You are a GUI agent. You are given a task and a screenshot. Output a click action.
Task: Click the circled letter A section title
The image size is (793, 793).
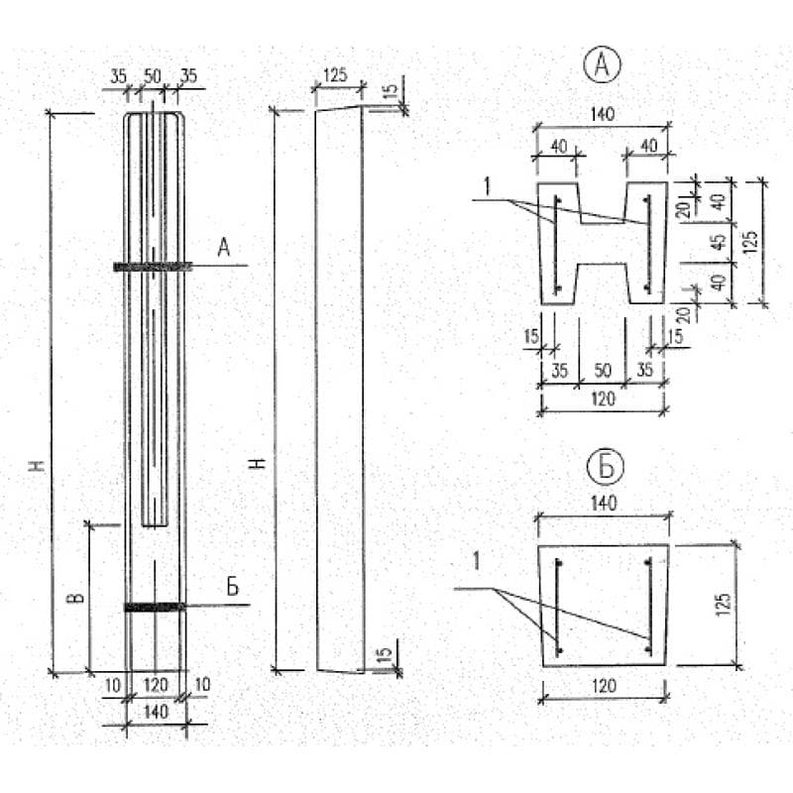(602, 65)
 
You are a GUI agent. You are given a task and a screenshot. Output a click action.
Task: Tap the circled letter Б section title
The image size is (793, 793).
(606, 467)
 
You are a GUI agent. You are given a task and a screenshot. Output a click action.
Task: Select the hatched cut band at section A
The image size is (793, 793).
(153, 266)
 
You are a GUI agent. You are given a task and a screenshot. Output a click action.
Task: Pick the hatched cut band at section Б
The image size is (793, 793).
(155, 607)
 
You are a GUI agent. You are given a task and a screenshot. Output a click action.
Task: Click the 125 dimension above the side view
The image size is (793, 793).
(335, 75)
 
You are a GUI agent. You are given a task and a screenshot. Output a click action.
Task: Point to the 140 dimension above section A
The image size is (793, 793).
(603, 114)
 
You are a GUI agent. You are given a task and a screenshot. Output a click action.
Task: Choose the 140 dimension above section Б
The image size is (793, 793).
(604, 504)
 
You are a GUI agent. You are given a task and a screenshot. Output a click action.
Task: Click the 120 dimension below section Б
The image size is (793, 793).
(604, 686)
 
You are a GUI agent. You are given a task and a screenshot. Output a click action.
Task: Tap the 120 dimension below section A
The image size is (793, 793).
(604, 399)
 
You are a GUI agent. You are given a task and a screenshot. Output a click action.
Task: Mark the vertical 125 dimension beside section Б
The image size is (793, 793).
(724, 605)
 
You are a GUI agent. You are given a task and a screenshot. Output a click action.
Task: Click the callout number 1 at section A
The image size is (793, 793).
(487, 187)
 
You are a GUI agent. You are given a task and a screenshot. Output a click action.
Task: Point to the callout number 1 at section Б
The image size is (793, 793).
(476, 561)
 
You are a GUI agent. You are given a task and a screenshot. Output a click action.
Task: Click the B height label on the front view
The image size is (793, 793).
(75, 598)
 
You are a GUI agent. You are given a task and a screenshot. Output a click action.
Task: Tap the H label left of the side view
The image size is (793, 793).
(258, 463)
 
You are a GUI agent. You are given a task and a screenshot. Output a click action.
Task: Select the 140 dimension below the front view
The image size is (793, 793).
(156, 712)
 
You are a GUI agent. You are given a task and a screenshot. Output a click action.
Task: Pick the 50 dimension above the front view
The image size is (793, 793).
(153, 76)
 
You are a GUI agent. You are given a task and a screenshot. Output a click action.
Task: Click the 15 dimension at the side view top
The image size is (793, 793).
(392, 90)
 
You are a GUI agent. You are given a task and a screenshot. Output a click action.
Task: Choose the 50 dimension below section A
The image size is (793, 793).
(603, 371)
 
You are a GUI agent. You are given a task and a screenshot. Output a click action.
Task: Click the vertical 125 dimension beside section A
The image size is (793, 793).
(750, 242)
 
